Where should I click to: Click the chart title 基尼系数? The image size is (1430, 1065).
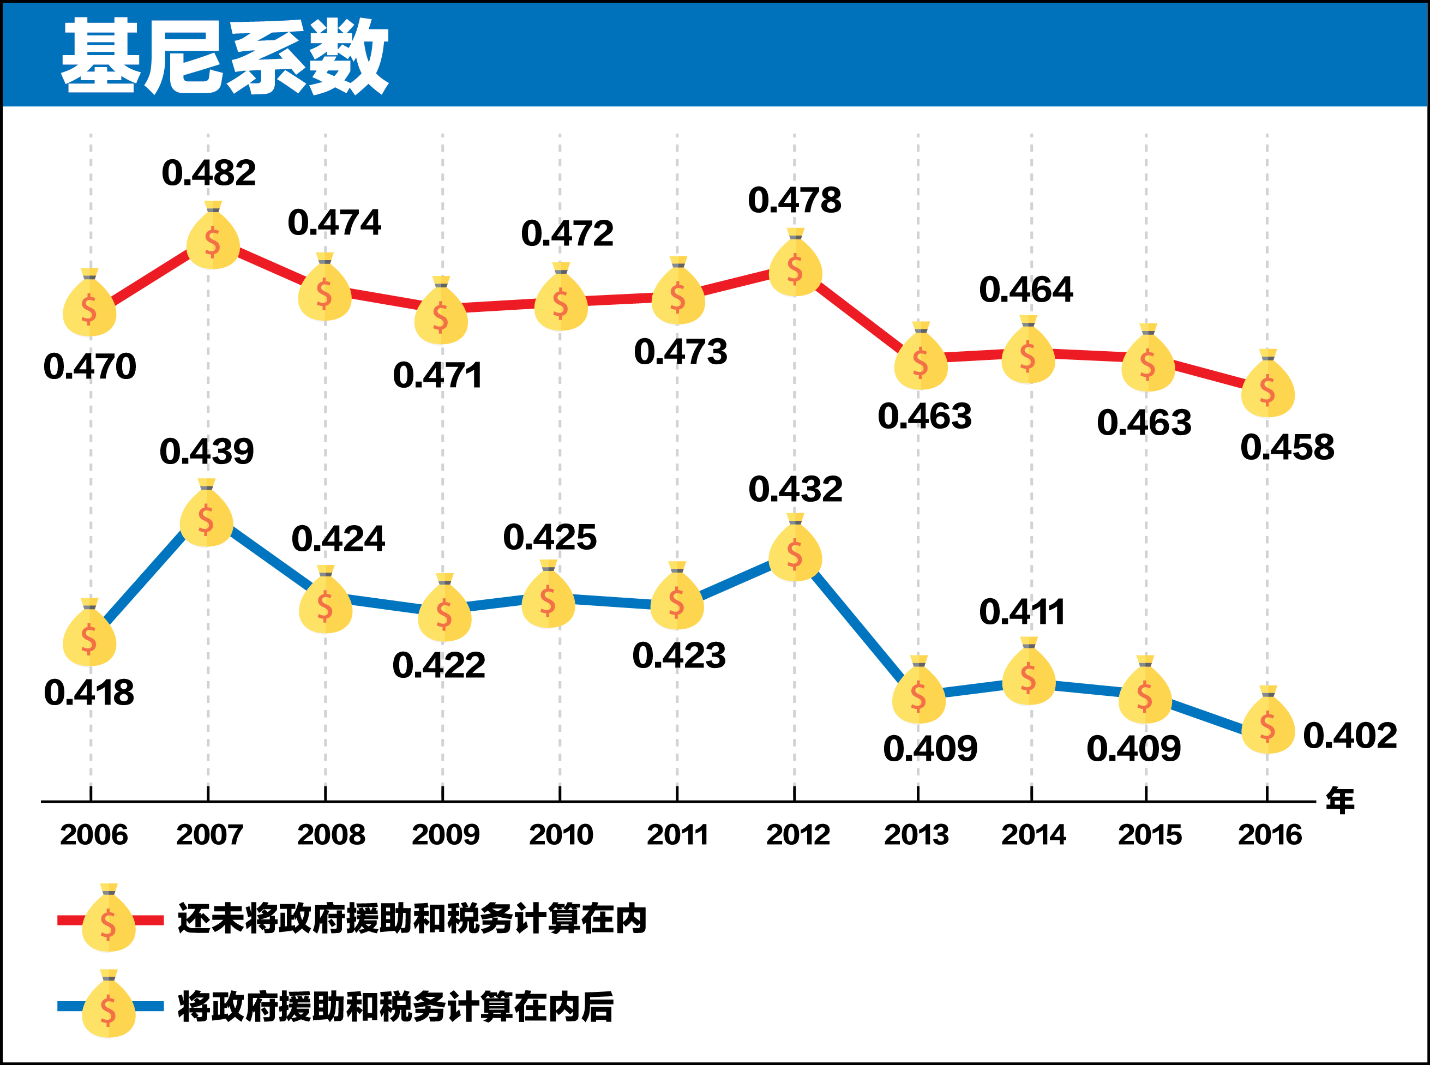(224, 56)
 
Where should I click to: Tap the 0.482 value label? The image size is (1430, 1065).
(208, 173)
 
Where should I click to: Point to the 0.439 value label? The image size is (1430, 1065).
(206, 452)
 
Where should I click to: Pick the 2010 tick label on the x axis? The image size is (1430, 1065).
(560, 835)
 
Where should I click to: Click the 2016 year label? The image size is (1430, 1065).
(1270, 835)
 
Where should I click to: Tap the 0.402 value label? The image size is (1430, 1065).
(1349, 736)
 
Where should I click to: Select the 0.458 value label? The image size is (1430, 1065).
(1287, 447)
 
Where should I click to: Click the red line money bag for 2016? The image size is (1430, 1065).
(1267, 388)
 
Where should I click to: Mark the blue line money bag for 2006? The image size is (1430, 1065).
(89, 637)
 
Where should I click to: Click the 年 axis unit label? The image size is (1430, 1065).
(1339, 801)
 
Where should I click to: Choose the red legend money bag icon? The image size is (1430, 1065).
(109, 922)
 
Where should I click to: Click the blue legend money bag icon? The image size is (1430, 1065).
(109, 1008)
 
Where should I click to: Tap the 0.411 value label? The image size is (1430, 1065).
(1022, 612)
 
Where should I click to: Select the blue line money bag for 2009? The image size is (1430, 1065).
(444, 612)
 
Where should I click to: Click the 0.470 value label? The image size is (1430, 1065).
(89, 366)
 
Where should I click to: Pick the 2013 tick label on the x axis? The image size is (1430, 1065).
(916, 835)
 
